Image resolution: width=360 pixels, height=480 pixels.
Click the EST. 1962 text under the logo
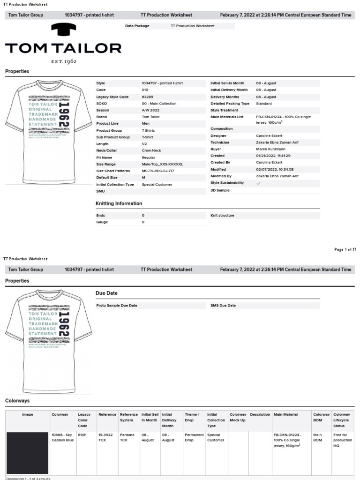pyautogui.click(x=64, y=61)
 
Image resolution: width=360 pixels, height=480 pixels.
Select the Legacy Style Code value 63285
pyautogui.click(x=148, y=97)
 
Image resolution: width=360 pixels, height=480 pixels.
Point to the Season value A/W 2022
pyautogui.click(x=150, y=110)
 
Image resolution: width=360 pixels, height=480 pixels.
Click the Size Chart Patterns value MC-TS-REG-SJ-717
pyautogui.click(x=158, y=171)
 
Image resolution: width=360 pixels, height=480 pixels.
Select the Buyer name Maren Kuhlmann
pyautogui.click(x=270, y=149)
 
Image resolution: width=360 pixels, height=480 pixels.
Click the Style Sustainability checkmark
pyautogui.click(x=259, y=183)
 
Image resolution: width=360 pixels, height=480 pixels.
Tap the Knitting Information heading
pyautogui.click(x=119, y=204)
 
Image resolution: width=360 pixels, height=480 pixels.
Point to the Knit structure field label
pyautogui.click(x=222, y=216)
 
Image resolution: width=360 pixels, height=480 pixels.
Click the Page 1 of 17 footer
pyautogui.click(x=345, y=250)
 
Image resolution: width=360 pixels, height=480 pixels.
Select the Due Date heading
pyautogui.click(x=106, y=293)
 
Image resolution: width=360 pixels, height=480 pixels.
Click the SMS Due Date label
pyautogui.click(x=223, y=306)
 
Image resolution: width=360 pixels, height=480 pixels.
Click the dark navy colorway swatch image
pyautogui.click(x=28, y=453)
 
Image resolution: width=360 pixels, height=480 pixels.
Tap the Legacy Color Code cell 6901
pyautogui.click(x=82, y=435)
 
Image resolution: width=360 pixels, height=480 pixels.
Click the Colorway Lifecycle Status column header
pyautogui.click(x=342, y=420)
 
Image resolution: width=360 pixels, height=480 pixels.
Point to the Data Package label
pyautogui.click(x=137, y=26)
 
